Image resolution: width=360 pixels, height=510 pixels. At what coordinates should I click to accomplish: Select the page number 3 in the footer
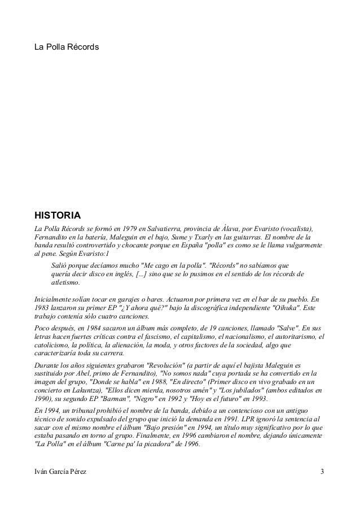[322, 470]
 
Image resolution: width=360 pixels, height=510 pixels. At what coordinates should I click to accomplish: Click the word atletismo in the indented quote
[65, 282]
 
